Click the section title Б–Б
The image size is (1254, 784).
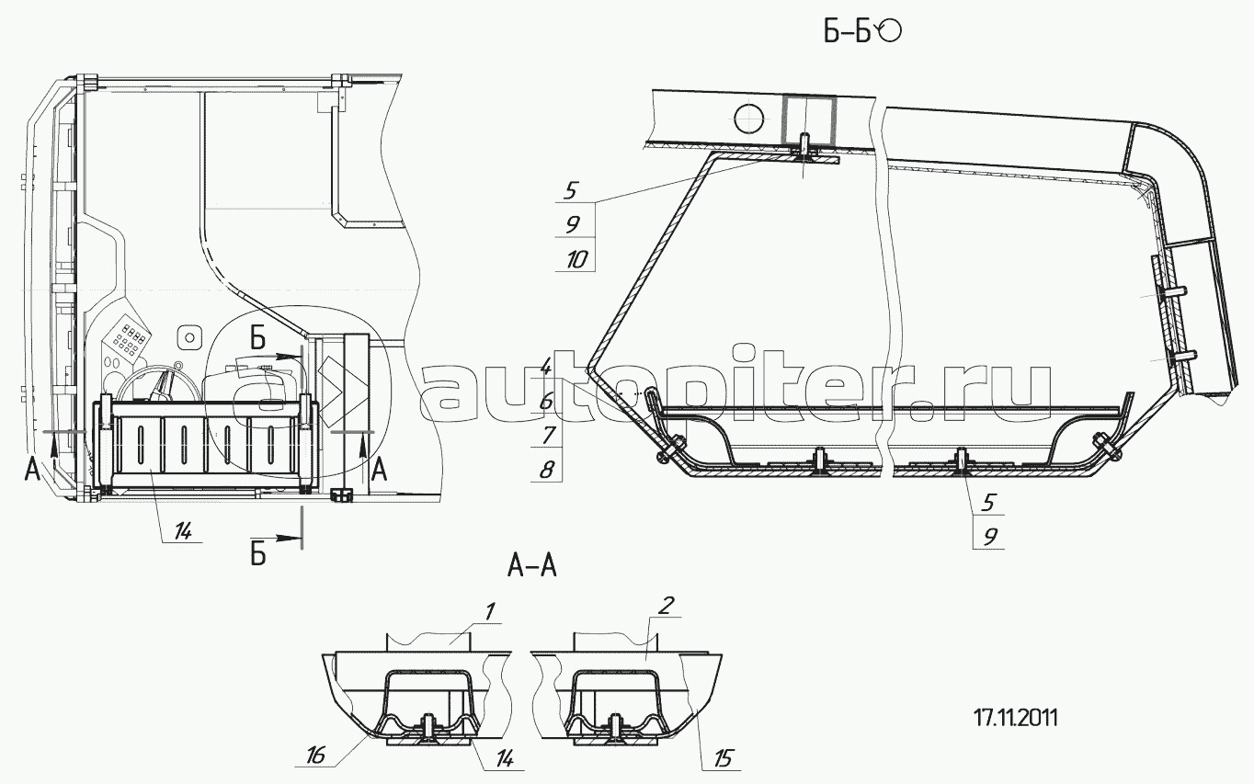pyautogui.click(x=847, y=32)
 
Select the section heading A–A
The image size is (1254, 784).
pyautogui.click(x=531, y=566)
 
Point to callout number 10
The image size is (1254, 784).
pyautogui.click(x=576, y=260)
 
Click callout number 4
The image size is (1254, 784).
pyautogui.click(x=546, y=369)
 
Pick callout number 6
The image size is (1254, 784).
pyautogui.click(x=546, y=402)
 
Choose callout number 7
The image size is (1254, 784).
pyautogui.click(x=548, y=435)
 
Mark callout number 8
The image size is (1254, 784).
pyautogui.click(x=547, y=469)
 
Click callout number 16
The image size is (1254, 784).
pyautogui.click(x=315, y=756)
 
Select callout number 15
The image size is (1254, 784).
pyautogui.click(x=723, y=758)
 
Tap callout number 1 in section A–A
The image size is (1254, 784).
pyautogui.click(x=490, y=611)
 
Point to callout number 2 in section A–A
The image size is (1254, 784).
pyautogui.click(x=667, y=606)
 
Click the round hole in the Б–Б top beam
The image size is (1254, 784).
pyautogui.click(x=748, y=119)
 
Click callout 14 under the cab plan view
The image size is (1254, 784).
pyautogui.click(x=182, y=532)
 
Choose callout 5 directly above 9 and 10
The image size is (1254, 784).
pyautogui.click(x=570, y=191)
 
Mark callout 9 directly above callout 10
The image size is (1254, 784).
pyautogui.click(x=572, y=225)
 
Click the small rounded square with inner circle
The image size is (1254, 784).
pyautogui.click(x=189, y=337)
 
